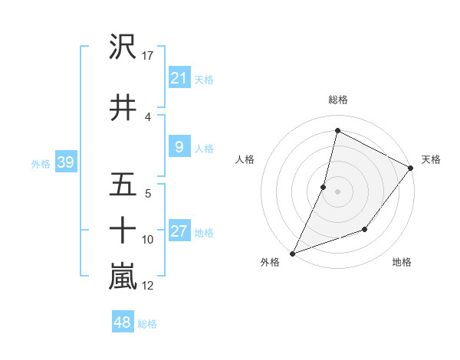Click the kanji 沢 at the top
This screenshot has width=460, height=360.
point(123,48)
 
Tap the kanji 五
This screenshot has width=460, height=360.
point(123,185)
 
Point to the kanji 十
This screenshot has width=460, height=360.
point(123,229)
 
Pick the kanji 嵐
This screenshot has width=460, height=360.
point(123,277)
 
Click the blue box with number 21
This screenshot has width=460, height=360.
point(179,77)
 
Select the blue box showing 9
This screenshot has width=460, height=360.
point(179,147)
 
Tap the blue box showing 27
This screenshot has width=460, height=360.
point(179,231)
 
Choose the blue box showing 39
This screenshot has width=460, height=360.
point(65,162)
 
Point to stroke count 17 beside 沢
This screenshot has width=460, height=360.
point(148,56)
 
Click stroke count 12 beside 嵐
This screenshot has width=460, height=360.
point(148,286)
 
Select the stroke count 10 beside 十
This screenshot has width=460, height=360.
point(148,240)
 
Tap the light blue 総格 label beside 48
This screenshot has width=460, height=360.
point(147,324)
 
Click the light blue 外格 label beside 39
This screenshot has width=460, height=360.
point(41,163)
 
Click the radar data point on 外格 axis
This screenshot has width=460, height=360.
point(292,253)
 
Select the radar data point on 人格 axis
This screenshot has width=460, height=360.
point(324,186)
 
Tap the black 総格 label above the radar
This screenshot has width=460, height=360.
point(337,100)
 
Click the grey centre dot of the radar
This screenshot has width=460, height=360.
point(337,191)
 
